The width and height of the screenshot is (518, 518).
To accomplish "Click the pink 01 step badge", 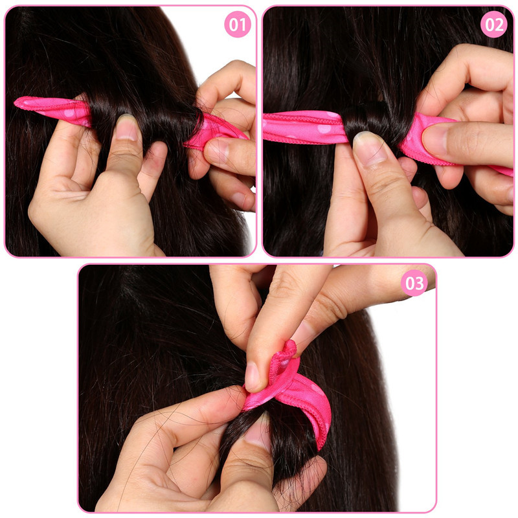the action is pos(238,24).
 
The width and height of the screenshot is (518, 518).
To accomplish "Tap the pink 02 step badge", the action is pos(494,24).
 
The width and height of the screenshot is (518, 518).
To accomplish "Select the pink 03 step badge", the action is pos(414,283).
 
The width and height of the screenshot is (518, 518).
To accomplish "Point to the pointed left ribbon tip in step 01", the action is pos(16,102).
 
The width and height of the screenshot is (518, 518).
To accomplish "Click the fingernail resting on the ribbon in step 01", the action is pos(217,150).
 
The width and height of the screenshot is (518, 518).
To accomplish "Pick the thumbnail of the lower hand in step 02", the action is pos(370,148).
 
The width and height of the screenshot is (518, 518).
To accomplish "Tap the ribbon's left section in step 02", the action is pos(304,127).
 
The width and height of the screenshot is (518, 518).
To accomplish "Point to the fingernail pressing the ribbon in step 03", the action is pos(252,376).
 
